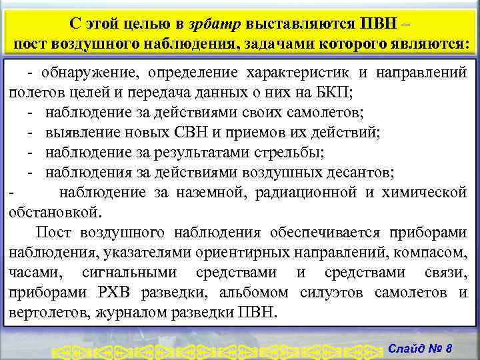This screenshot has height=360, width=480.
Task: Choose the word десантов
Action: [362, 173]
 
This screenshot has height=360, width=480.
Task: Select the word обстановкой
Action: [55, 213]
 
